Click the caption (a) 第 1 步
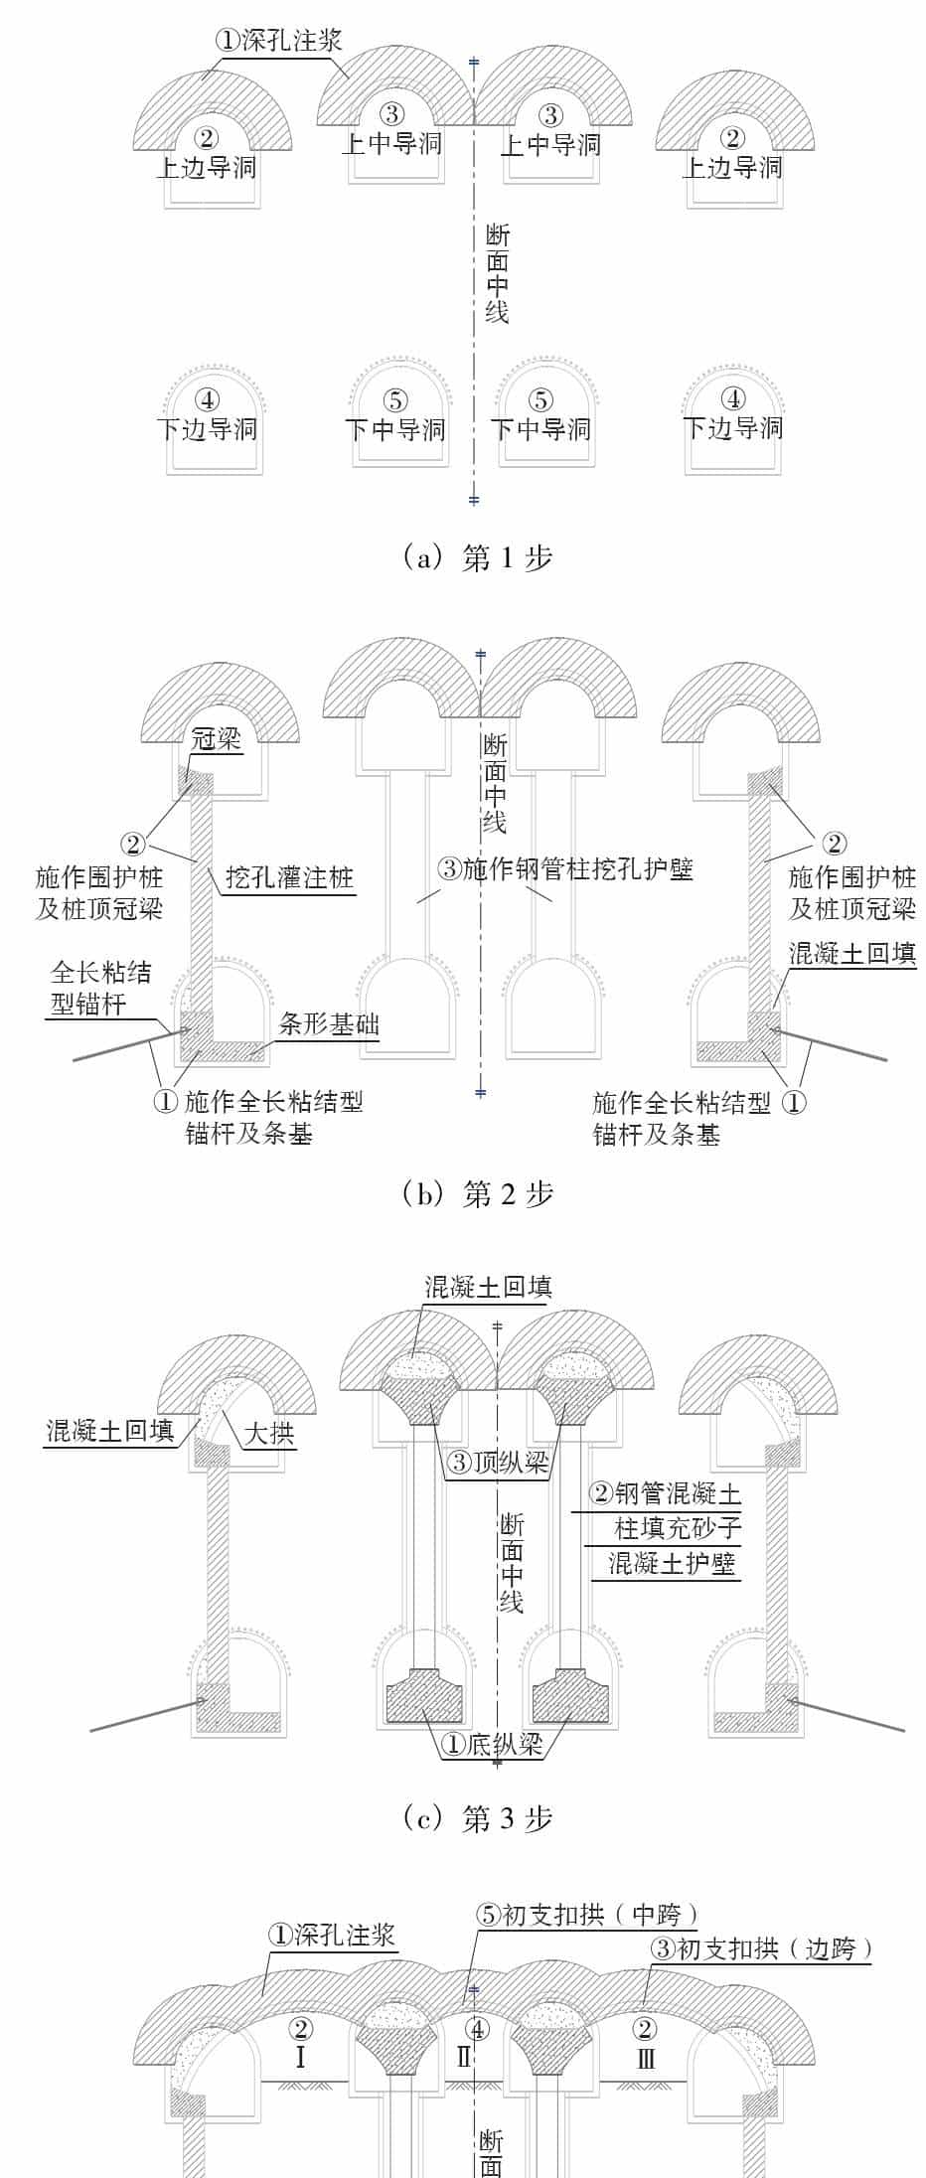pyautogui.click(x=477, y=558)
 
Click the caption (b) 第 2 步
pyautogui.click(x=477, y=1193)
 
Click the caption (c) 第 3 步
pyautogui.click(x=477, y=1818)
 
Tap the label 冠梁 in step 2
pyautogui.click(x=216, y=740)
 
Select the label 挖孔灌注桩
pyautogui.click(x=289, y=878)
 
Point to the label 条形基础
pyautogui.click(x=329, y=1024)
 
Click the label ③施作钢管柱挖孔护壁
pyautogui.click(x=565, y=869)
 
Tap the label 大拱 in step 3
pyautogui.click(x=269, y=1434)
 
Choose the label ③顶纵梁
pyautogui.click(x=498, y=1462)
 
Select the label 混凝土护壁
pyautogui.click(x=672, y=1565)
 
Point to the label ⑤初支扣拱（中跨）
pyautogui.click(x=587, y=1915)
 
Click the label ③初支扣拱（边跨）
pyautogui.click(x=761, y=1948)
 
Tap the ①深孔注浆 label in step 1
pyautogui.click(x=278, y=40)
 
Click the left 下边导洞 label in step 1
pyautogui.click(x=207, y=429)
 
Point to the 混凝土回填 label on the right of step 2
pyautogui.click(x=851, y=954)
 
